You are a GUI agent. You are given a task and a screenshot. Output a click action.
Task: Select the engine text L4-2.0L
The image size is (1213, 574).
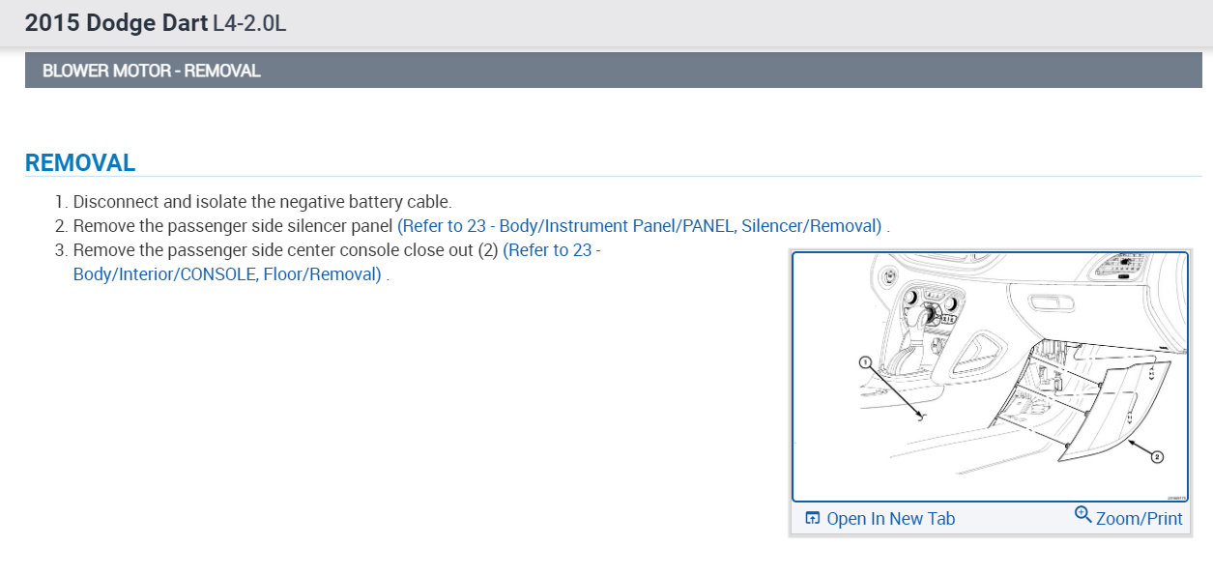coord(249,23)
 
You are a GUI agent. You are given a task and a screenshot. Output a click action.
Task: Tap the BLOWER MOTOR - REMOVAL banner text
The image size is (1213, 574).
coord(151,71)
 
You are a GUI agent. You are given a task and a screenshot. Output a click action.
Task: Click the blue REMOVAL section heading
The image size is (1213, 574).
coord(80,162)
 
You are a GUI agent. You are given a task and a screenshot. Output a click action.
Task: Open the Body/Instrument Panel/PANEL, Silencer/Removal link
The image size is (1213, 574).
coord(639,226)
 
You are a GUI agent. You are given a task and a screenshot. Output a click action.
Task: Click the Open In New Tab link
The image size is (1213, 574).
coord(890,519)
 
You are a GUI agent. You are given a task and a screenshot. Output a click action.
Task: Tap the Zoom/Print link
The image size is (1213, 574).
coord(1139,519)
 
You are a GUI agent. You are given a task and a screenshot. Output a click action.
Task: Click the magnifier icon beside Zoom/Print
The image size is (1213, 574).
coord(1083,515)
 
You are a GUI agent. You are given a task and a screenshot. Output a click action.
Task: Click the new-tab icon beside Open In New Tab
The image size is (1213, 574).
coord(813,519)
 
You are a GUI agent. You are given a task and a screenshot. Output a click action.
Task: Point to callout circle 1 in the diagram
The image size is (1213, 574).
coord(866,362)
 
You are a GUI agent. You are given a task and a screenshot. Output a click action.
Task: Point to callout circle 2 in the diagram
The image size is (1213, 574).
coord(1156,457)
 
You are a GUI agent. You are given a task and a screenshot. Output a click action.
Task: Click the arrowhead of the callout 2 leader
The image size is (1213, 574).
coord(1130,442)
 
